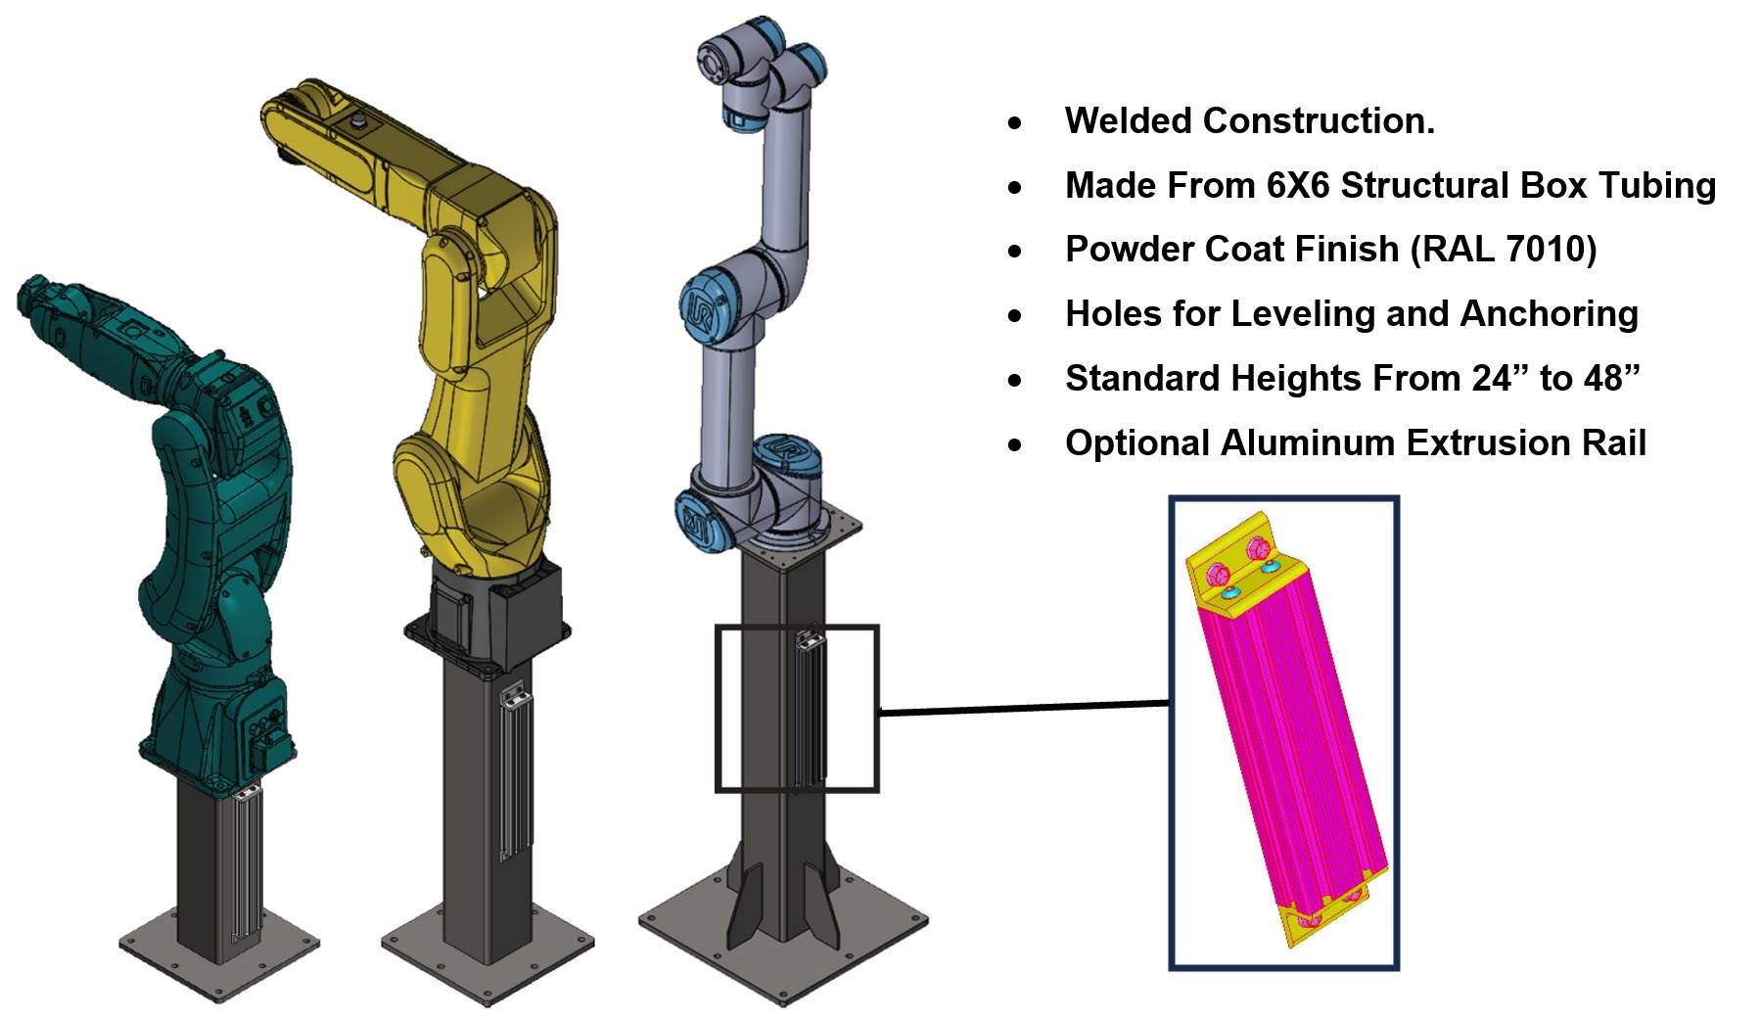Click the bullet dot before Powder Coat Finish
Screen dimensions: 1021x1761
[1015, 252]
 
